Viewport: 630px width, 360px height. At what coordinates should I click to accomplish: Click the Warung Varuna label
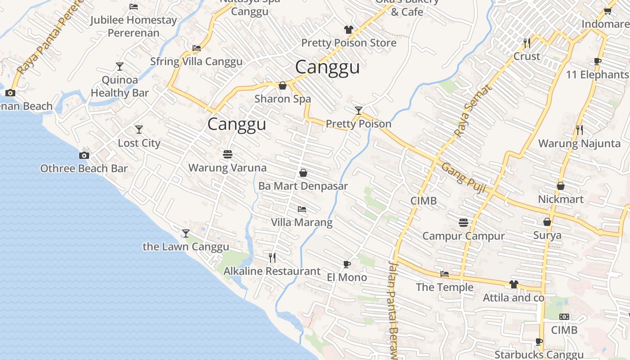227,168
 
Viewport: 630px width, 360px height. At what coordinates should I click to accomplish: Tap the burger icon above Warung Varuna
228,154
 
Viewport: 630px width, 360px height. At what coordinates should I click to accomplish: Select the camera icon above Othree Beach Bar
84,155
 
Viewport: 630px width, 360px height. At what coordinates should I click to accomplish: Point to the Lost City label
139,143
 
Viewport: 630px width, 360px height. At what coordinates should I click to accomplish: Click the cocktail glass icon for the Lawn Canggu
186,233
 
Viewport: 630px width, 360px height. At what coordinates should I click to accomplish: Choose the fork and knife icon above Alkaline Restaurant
272,257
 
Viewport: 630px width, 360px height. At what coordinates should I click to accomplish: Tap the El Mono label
347,277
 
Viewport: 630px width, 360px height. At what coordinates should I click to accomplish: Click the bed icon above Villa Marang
302,209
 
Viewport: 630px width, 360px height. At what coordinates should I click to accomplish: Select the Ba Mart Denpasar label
303,186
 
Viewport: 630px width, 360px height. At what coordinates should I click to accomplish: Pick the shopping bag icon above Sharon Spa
283,85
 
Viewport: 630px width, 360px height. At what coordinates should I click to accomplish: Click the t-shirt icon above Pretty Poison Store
349,30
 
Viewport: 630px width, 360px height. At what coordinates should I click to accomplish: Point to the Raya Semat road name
473,111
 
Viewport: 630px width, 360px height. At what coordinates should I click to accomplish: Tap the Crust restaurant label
526,57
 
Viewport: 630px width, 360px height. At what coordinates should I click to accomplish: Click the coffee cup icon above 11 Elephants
598,61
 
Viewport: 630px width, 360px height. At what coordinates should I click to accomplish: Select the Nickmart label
561,199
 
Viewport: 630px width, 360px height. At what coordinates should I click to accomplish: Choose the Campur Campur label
463,236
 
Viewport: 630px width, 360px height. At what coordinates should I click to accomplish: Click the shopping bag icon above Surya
547,222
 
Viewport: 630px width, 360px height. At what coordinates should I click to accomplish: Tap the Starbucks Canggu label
539,355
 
